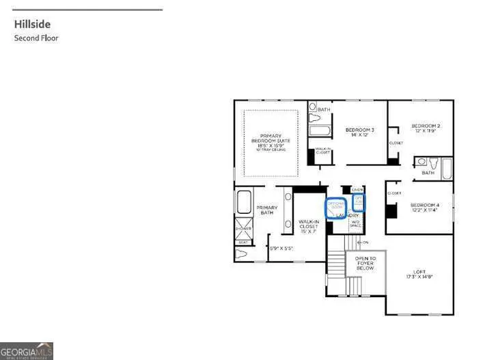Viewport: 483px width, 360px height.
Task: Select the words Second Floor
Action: click(36, 38)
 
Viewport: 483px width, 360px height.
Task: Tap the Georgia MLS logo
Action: click(27, 351)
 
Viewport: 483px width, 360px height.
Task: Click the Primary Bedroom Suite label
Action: click(270, 141)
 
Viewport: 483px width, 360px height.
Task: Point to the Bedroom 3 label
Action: click(359, 133)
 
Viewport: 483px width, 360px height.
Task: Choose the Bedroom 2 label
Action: click(426, 128)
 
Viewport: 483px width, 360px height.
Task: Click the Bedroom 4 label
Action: click(425, 208)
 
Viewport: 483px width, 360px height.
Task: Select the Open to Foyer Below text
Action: click(365, 263)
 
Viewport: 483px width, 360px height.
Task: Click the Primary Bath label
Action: click(266, 210)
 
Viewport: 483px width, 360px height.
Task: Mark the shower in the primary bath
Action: click(243, 228)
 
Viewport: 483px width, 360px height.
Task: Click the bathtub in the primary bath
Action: click(243, 203)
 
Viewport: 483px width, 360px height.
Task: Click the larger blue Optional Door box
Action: click(335, 207)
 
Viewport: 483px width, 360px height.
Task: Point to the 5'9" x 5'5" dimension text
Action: click(281, 248)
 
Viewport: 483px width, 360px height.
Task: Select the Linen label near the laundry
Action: click(357, 189)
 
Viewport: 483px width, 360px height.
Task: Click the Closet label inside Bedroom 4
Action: click(394, 193)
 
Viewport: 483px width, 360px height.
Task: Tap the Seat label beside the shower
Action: click(243, 242)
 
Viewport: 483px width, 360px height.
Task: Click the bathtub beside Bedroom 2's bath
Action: click(447, 168)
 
